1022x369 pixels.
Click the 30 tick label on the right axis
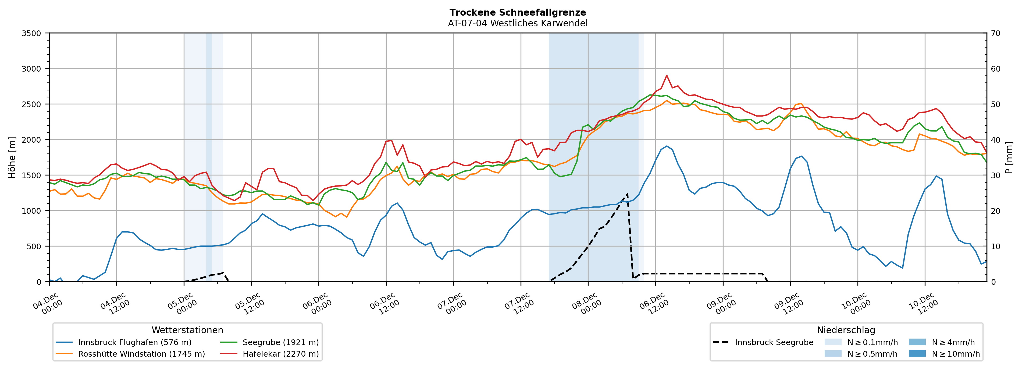tap(996, 175)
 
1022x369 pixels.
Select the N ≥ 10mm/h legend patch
tap(917, 353)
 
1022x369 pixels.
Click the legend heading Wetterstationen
tap(187, 330)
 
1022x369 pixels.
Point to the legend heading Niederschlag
tap(846, 330)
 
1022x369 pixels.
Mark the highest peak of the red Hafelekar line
tap(667, 75)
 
